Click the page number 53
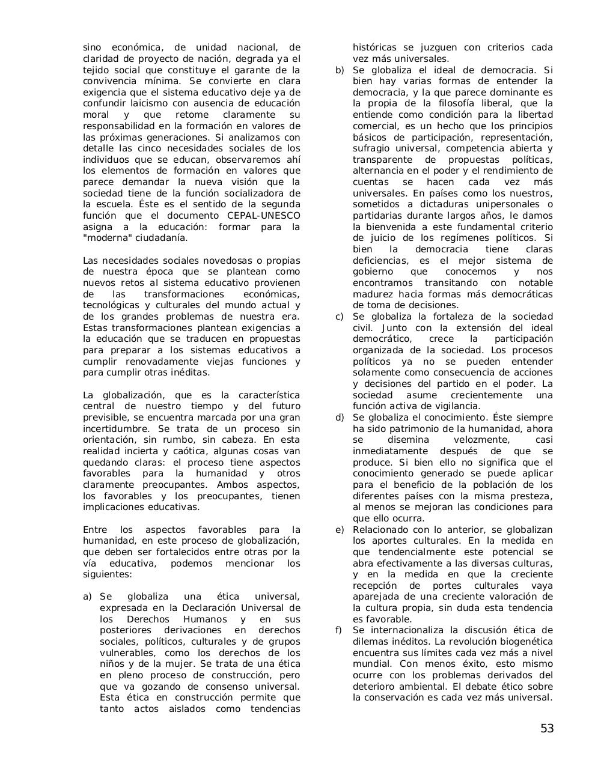[x=546, y=729]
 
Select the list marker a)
[x=87, y=597]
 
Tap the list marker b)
[x=340, y=70]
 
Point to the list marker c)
[x=340, y=317]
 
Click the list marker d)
[x=340, y=418]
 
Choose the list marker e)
[x=340, y=530]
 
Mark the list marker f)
[x=339, y=630]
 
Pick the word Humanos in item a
[x=205, y=619]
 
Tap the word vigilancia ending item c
[x=457, y=406]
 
